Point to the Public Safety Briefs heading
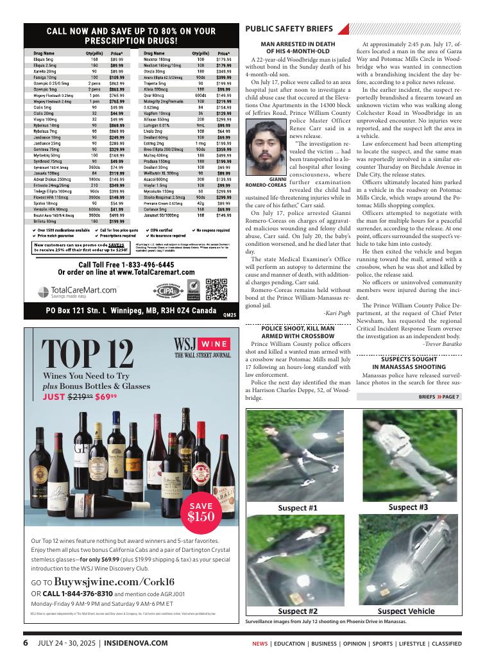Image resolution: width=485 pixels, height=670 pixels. (x=289, y=29)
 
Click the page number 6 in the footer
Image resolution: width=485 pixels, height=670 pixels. (x=26, y=642)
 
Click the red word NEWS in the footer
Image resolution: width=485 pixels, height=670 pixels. (x=260, y=643)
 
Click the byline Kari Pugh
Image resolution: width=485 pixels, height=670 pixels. (x=337, y=313)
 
